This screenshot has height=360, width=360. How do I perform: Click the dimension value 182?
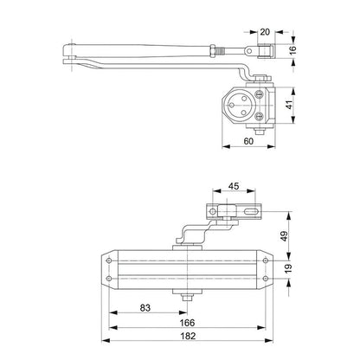pos(188,336)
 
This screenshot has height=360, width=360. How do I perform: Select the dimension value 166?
pos(187,323)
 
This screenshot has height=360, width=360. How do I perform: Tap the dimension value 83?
pos(145,308)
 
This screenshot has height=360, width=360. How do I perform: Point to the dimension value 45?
pos(234,186)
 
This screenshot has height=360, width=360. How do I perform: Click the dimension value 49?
pos(285,236)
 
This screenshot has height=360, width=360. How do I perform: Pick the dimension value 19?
pos(288,268)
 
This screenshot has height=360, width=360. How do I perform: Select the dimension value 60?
pos(248,141)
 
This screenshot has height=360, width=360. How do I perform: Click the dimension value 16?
pos(292,48)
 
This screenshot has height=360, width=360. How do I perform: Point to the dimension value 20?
pos(265,32)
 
